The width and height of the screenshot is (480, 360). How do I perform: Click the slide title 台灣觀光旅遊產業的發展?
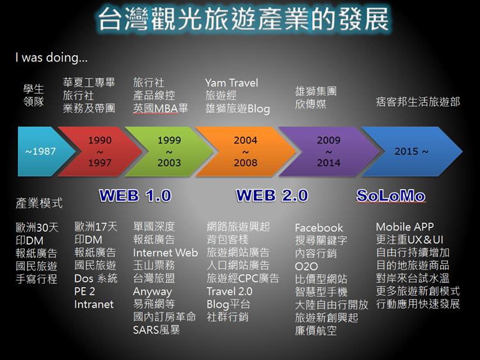243,19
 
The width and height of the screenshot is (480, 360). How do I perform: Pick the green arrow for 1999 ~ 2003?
169,151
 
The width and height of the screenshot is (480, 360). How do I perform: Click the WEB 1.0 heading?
135,196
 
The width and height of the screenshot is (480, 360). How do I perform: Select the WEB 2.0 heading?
272,196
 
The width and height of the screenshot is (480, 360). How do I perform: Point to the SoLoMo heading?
391,196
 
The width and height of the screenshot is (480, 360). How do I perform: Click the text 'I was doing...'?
51,58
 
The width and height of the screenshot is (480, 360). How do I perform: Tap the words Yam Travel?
232,83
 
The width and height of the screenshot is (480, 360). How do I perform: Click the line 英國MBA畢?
161,108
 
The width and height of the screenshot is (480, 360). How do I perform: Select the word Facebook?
319,227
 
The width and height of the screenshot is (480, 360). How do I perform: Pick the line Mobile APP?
404,227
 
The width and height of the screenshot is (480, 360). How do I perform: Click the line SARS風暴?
156,330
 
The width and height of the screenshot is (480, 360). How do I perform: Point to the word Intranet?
93,304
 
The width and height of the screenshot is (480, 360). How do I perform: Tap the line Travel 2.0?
229,291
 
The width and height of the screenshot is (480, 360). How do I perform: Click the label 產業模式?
39,203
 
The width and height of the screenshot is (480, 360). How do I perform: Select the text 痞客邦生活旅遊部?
418,102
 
